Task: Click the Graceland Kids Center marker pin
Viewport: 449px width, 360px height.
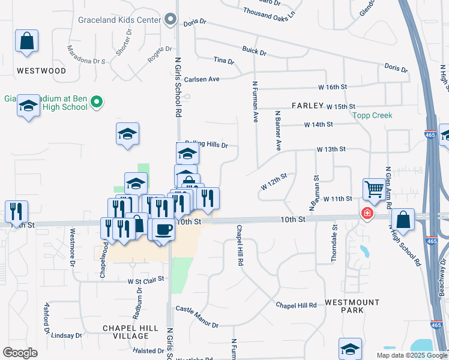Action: pos(170,20)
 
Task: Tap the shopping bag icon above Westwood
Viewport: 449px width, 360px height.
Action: pos(27,42)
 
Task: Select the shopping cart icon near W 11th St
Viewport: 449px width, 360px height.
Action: pos(374,190)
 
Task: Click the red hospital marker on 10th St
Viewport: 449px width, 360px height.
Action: pos(366,213)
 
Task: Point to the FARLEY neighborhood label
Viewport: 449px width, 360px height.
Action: pos(307,106)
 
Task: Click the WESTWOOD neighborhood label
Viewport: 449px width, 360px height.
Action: pos(41,71)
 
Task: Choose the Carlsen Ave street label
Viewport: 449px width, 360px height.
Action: pos(202,79)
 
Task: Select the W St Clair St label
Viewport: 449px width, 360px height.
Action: pos(146,280)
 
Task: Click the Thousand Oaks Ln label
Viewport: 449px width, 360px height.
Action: pos(270,12)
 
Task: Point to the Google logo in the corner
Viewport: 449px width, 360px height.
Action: pos(20,353)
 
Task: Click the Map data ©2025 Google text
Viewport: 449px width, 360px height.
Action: pos(411,355)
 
